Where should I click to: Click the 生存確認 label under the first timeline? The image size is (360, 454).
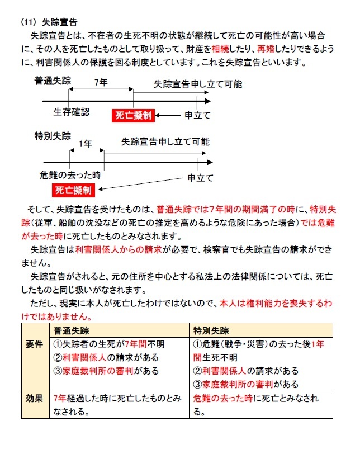[x=71, y=112]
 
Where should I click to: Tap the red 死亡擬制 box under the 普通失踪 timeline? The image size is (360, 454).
[x=133, y=116]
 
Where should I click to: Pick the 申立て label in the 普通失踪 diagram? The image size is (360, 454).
[x=197, y=116]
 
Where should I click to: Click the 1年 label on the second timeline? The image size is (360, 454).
[x=86, y=144]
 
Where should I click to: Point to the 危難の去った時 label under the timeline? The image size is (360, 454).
[x=70, y=173]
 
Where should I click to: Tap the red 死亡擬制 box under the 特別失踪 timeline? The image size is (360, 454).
[x=73, y=191]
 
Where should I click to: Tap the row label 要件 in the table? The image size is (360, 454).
[x=34, y=344]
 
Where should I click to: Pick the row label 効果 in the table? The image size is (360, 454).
[x=34, y=399]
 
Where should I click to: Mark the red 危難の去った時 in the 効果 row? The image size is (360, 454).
[x=222, y=399]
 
